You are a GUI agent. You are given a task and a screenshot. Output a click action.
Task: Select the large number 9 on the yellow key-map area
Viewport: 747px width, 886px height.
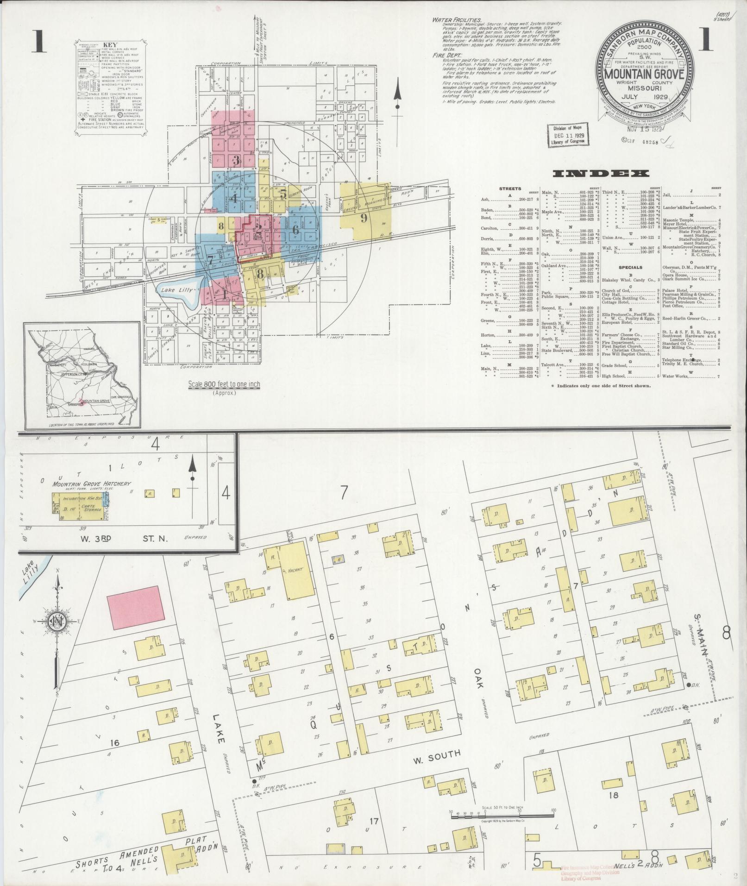coord(364,218)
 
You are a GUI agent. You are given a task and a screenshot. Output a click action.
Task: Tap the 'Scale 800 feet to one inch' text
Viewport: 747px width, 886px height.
coord(224,384)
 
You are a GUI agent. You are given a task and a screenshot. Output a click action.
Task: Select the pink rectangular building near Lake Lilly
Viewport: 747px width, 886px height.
coord(136,607)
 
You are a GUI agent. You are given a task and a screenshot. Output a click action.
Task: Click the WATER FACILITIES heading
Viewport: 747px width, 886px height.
coord(457,20)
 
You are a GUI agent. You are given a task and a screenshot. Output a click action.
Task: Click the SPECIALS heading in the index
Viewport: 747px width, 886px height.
coord(630,268)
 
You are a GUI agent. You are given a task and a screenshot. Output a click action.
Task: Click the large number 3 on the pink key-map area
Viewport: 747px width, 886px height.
coord(236,161)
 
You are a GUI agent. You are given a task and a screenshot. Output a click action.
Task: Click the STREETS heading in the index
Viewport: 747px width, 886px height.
coord(510,189)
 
